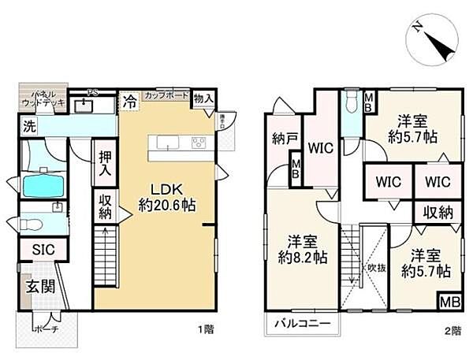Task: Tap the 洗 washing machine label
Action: (28, 125)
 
